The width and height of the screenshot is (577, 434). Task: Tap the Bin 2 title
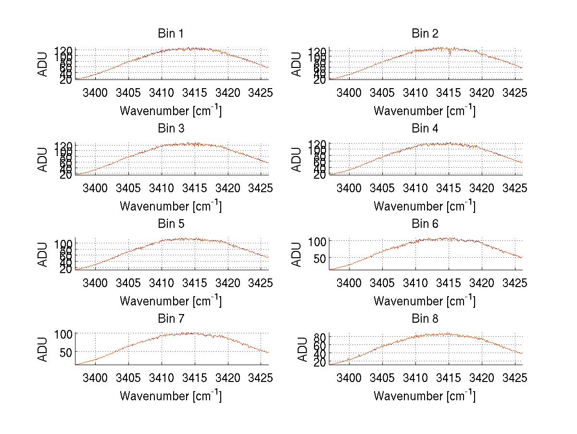(425, 34)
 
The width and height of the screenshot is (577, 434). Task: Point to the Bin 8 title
(425, 319)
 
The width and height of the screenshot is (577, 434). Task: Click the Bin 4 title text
(425, 129)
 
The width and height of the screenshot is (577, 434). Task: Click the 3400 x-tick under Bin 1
(95, 92)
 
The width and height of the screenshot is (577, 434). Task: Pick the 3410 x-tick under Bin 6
(415, 283)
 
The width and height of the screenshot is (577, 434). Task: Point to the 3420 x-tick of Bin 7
(228, 378)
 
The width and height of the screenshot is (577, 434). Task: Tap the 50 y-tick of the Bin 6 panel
(320, 258)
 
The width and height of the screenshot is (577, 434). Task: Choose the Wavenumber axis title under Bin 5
(170, 301)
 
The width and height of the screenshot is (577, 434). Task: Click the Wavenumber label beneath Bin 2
(425, 111)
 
